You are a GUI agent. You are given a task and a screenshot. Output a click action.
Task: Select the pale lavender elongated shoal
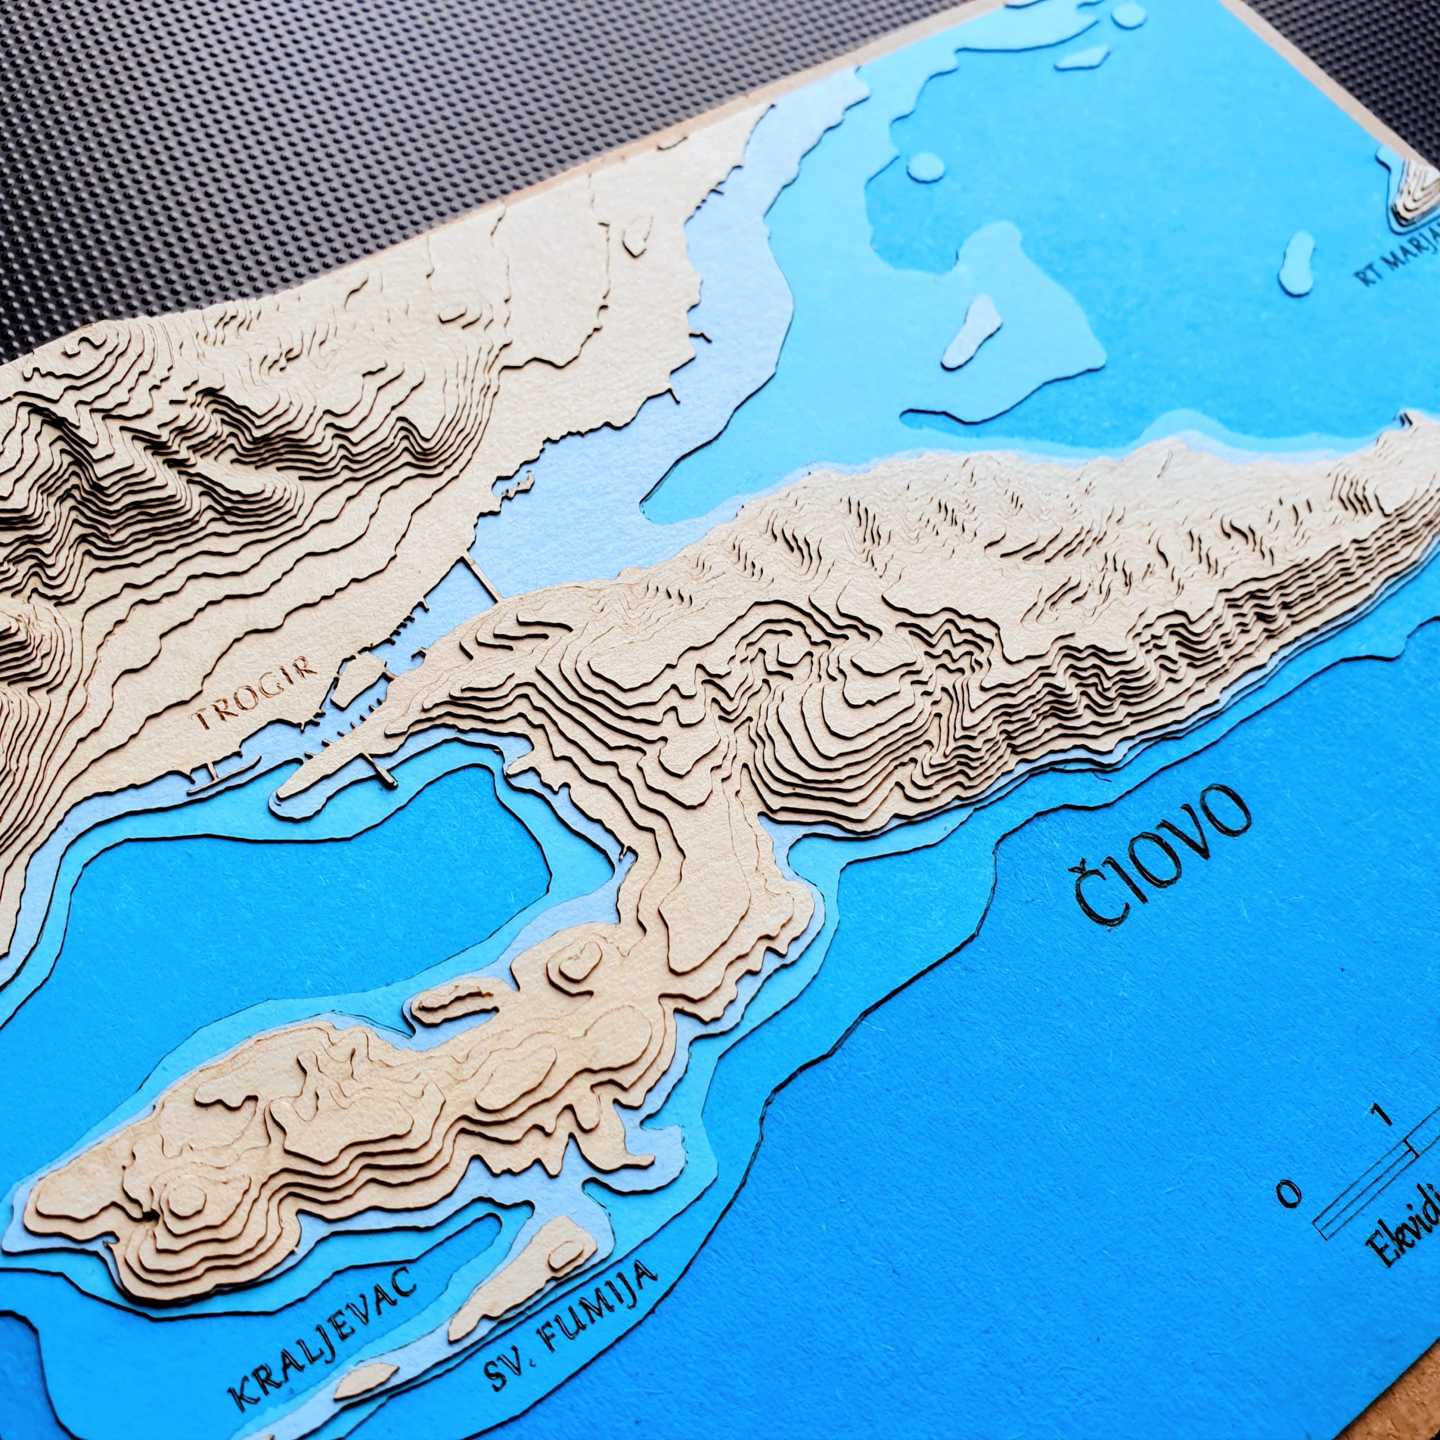pyautogui.click(x=970, y=331)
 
